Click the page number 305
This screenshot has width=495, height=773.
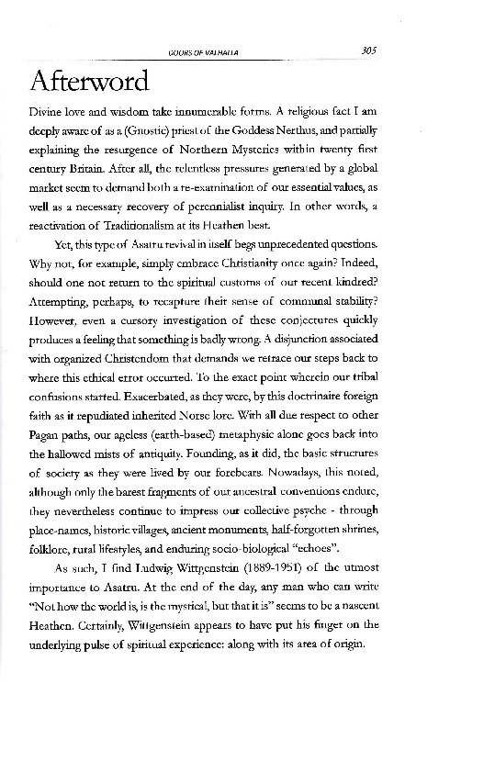369,51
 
